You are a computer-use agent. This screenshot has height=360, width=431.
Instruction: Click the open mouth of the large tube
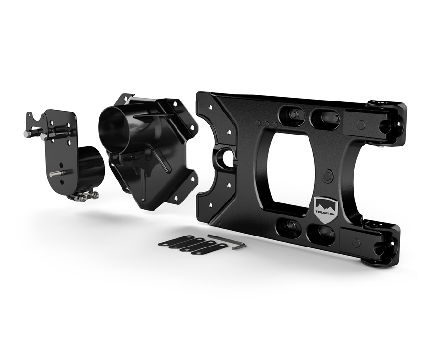(x=112, y=125)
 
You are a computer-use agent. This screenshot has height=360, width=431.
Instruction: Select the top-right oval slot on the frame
(x=325, y=118)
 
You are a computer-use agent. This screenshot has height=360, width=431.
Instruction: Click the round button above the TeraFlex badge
(x=328, y=176)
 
